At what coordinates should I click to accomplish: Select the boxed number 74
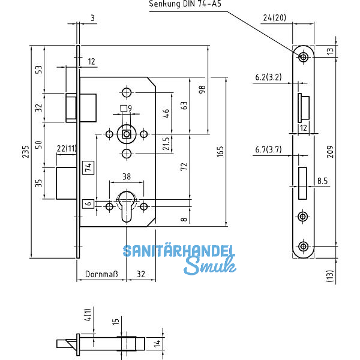(87, 167)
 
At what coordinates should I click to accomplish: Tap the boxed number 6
(88, 204)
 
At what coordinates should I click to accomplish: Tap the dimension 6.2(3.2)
(268, 77)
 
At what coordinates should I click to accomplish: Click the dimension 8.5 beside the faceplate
(322, 179)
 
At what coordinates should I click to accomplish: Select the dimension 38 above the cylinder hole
(127, 177)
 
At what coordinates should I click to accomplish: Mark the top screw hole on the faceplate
(303, 57)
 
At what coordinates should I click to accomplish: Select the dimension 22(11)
(65, 148)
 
